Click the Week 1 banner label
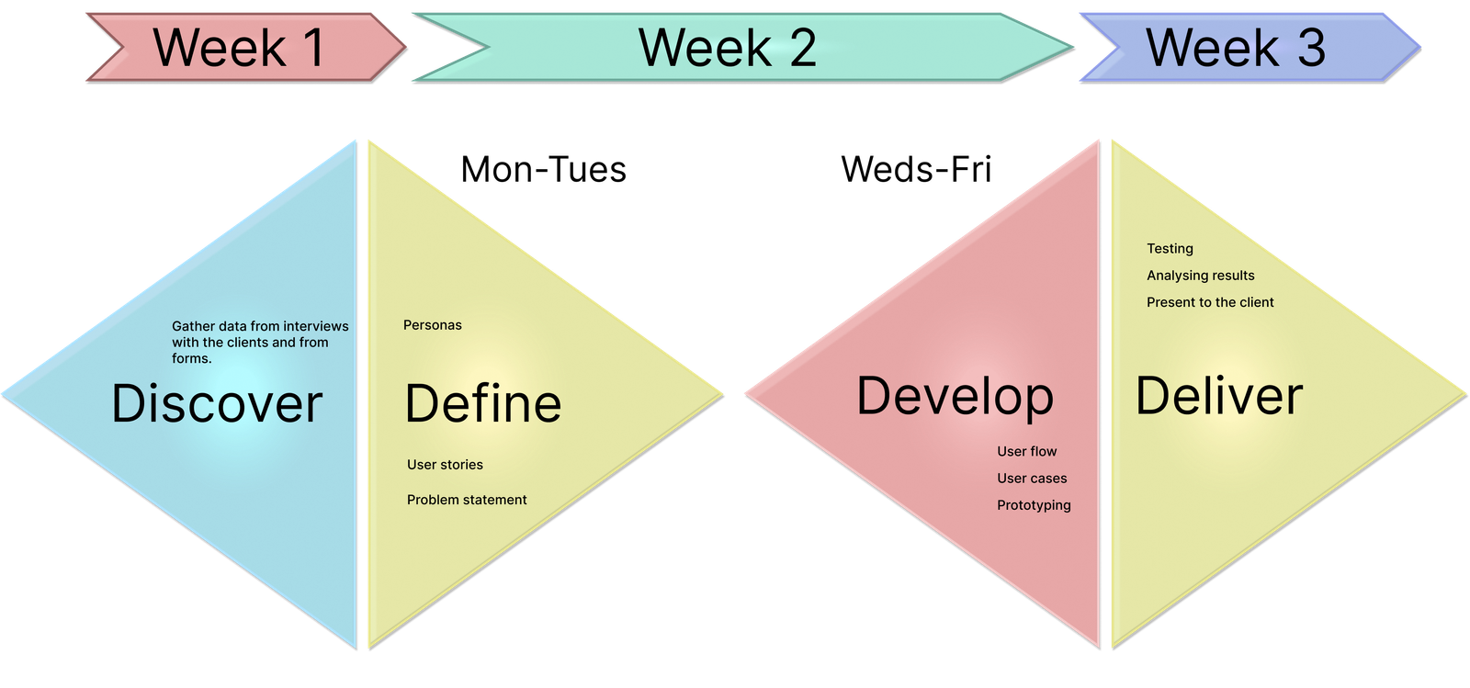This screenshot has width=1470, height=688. (x=239, y=48)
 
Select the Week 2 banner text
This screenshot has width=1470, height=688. (x=727, y=48)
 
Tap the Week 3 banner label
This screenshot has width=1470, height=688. (x=1235, y=48)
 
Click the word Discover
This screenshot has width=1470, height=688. (x=217, y=403)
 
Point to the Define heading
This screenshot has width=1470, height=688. (x=482, y=403)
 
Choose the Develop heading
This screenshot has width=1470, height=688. (x=955, y=396)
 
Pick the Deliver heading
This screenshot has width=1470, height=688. (x=1219, y=396)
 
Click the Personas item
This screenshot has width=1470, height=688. (x=432, y=325)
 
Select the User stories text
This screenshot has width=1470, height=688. (x=445, y=465)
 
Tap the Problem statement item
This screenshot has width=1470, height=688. (x=467, y=500)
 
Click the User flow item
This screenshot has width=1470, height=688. (x=1026, y=451)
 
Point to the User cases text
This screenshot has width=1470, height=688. (x=1032, y=479)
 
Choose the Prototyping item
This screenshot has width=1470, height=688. (x=1034, y=505)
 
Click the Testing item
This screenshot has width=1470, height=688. (x=1170, y=249)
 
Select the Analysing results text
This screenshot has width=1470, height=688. (x=1200, y=276)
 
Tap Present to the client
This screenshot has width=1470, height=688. (x=1210, y=302)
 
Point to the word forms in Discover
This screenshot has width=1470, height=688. (x=190, y=358)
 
